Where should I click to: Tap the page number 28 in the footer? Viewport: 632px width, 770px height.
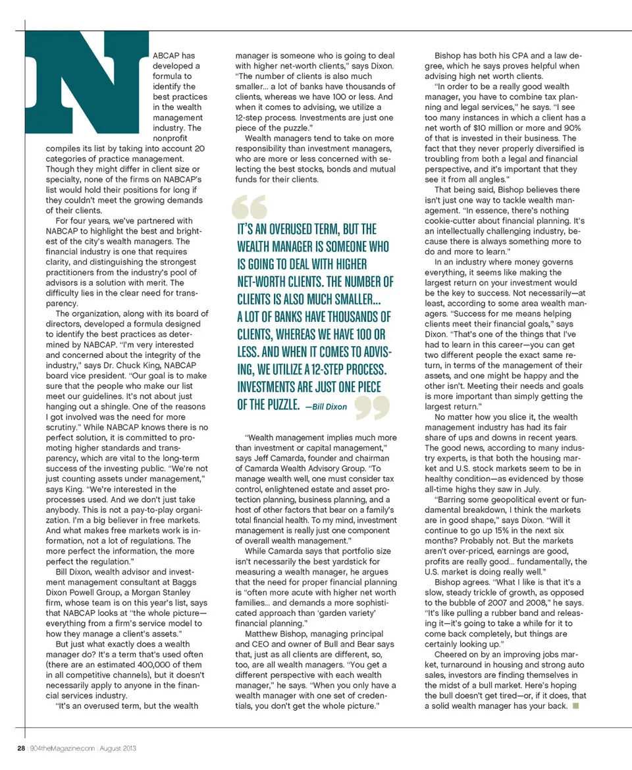[x=20, y=748]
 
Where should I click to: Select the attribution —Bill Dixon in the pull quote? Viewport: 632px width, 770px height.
[x=326, y=407]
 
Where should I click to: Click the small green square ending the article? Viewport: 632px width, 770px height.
[x=575, y=706]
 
